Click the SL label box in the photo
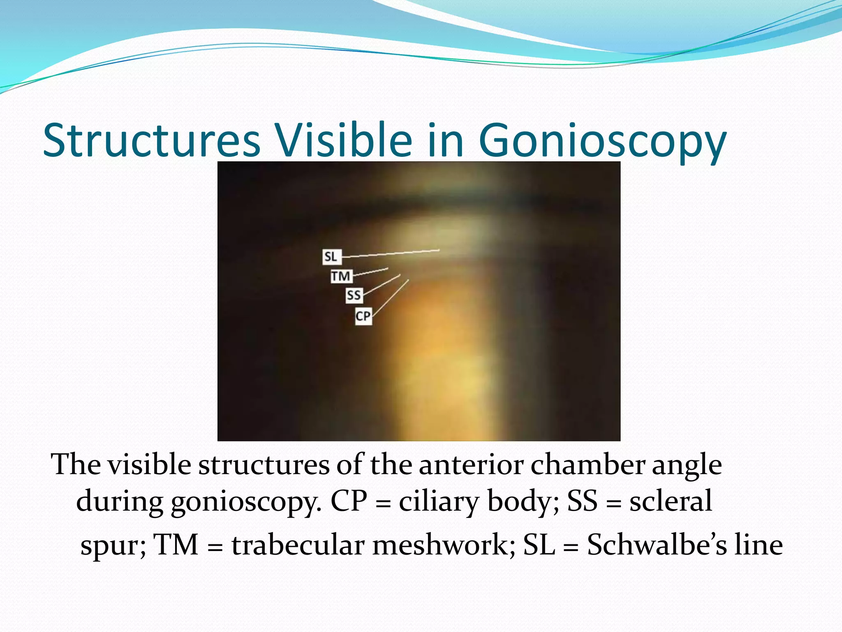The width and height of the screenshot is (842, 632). click(331, 256)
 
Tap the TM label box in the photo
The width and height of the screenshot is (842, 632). click(341, 276)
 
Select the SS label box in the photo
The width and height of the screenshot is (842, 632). click(354, 295)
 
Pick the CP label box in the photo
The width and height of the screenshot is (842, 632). click(363, 316)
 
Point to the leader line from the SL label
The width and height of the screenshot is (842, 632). click(391, 253)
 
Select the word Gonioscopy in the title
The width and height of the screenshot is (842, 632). click(602, 142)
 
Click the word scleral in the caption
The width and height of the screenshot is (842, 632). click(671, 501)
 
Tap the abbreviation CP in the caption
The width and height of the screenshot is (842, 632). click(349, 501)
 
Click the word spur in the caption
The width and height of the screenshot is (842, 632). click(113, 546)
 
